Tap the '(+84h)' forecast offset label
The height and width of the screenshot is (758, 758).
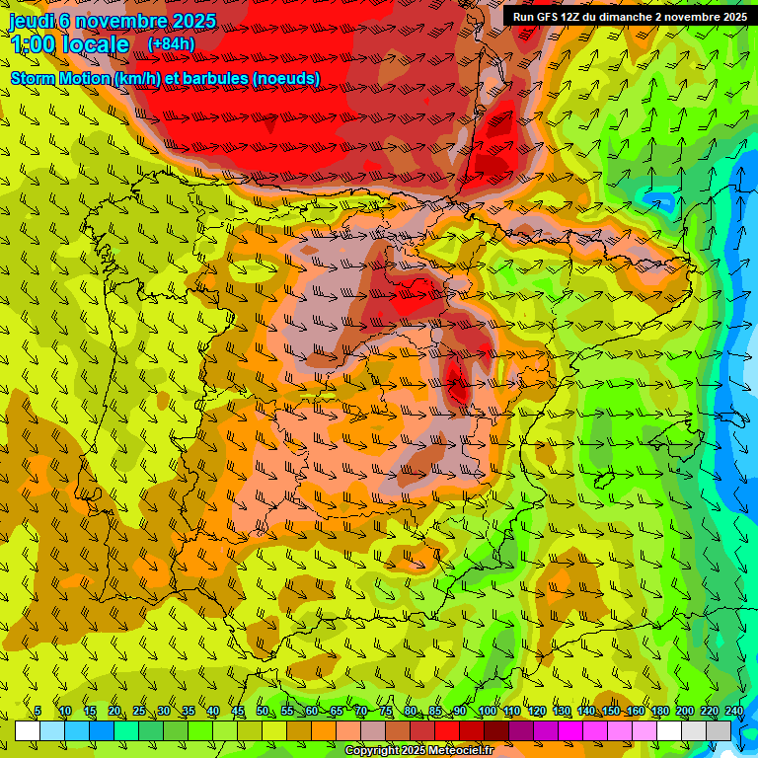tap(171, 44)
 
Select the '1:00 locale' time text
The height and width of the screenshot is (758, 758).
tap(69, 45)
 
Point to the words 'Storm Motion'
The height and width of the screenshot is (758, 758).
tap(59, 78)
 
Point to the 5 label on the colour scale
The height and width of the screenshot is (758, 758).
tap(38, 712)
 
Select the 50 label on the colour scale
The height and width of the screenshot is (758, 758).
tap(262, 712)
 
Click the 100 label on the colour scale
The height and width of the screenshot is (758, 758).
tap(487, 712)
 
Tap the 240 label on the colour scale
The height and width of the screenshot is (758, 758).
tap(734, 712)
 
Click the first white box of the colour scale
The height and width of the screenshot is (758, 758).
tap(28, 730)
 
